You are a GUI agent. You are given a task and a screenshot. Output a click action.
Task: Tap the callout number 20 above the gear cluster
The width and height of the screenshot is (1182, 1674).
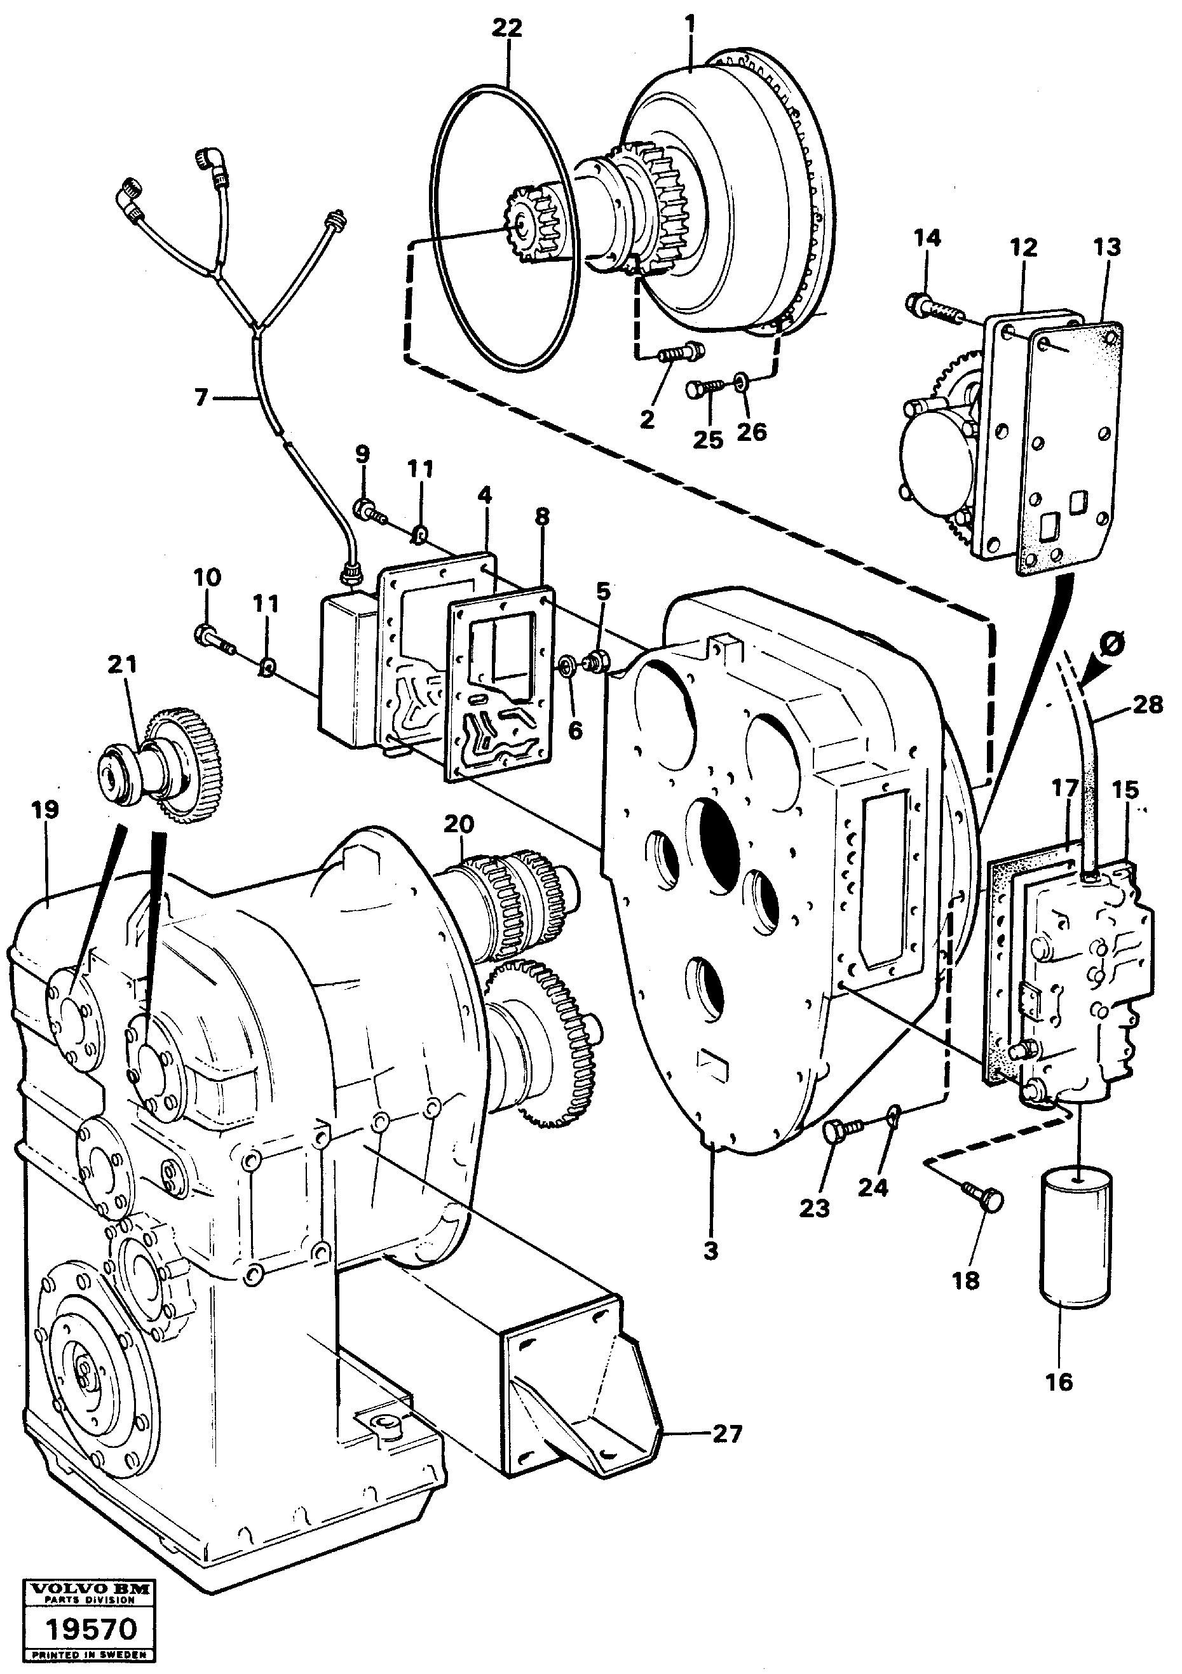pyautogui.click(x=459, y=824)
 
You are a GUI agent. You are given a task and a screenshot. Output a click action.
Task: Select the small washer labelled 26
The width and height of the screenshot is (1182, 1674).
pyautogui.click(x=740, y=380)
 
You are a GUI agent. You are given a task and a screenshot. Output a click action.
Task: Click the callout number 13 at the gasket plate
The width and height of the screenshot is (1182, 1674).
pyautogui.click(x=1106, y=247)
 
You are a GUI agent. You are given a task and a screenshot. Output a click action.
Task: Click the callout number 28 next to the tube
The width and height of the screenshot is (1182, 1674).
pyautogui.click(x=1147, y=705)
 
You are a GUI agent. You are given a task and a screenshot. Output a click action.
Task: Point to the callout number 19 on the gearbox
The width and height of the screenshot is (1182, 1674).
pyautogui.click(x=44, y=810)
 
